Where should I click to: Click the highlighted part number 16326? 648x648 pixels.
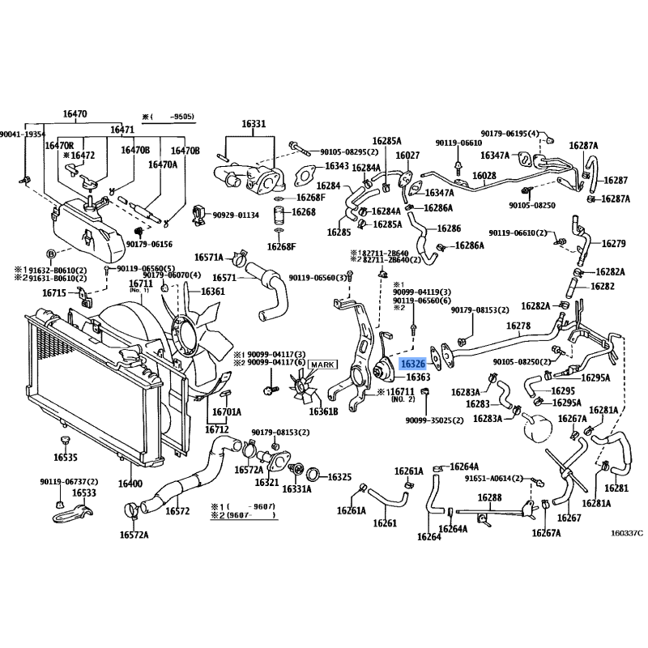(x=412, y=365)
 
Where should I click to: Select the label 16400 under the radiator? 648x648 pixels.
(x=130, y=484)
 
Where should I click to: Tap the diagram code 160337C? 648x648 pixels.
(x=625, y=532)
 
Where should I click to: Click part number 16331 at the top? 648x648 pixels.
(x=254, y=124)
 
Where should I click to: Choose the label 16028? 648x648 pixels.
(x=484, y=176)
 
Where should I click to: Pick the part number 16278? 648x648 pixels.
(x=518, y=326)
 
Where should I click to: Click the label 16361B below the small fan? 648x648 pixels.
(x=323, y=412)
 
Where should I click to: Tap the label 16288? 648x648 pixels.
(x=490, y=497)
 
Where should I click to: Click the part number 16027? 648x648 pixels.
(x=407, y=156)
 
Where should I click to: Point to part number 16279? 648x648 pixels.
(x=613, y=244)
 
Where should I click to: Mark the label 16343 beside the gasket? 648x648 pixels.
(x=337, y=167)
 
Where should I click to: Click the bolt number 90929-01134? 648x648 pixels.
(x=237, y=215)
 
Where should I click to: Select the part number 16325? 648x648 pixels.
(x=339, y=477)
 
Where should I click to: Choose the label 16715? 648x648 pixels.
(x=55, y=292)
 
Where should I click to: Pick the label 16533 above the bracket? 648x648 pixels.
(x=83, y=492)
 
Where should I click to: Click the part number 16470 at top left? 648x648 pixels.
(x=75, y=114)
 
